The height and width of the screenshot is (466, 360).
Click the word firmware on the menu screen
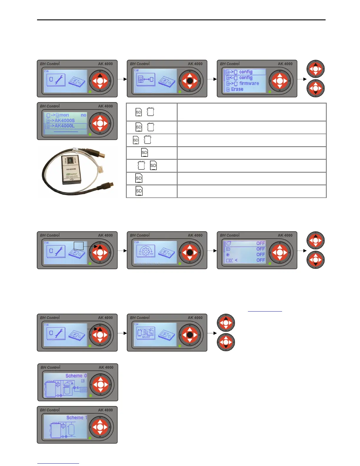coord(249,84)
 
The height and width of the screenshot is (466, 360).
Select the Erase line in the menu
coord(237,89)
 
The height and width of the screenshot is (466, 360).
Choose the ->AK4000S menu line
coord(64,120)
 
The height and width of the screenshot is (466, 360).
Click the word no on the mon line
coord(84,115)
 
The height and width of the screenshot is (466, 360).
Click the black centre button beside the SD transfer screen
coord(190,81)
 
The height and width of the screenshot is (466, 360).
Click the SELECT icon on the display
coord(146,334)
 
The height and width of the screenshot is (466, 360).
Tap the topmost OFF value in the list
coord(260,243)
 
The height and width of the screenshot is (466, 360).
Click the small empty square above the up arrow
coord(79,246)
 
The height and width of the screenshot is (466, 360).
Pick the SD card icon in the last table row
coord(139,191)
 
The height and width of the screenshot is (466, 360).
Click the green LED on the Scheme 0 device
coord(91,396)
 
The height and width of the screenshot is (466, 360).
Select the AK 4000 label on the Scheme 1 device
coord(105,410)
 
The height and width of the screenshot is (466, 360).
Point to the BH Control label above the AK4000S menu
coord(50,106)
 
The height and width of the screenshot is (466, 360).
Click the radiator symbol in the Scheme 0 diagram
coord(83,390)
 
